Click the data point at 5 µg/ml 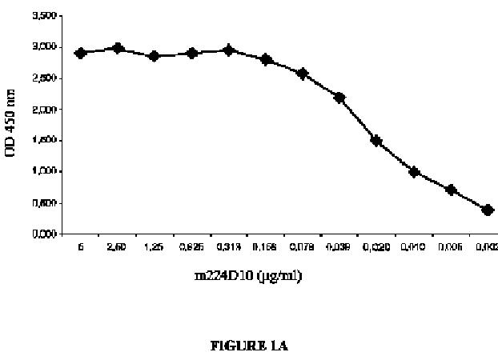pyautogui.click(x=80, y=53)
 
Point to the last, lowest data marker pyautogui.click(x=488, y=210)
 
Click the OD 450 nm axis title pyautogui.click(x=14, y=125)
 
